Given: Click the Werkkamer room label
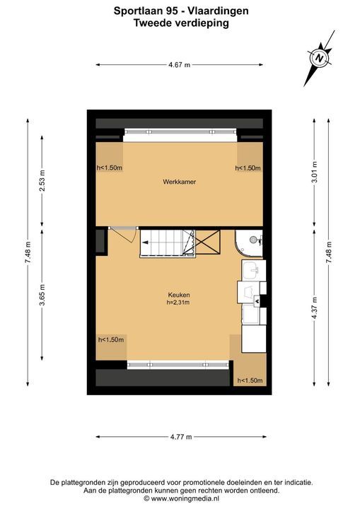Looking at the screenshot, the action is [x=180, y=182].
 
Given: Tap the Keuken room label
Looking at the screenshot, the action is [x=179, y=295].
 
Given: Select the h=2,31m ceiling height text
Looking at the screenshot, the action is [x=178, y=303].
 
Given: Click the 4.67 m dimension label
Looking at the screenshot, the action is [x=180, y=65].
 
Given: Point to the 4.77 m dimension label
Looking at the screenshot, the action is [x=181, y=437].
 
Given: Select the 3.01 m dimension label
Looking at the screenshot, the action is [x=314, y=172].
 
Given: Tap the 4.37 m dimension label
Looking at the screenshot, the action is [x=314, y=308].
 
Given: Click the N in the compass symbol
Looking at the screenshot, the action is [x=320, y=59].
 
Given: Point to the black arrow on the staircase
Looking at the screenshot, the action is [x=145, y=242].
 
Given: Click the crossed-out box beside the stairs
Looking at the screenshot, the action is [x=208, y=242].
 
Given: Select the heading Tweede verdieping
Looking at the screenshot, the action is [x=181, y=23].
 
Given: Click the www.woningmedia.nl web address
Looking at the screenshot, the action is [x=185, y=498].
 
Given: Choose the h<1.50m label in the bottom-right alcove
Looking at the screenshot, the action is [x=250, y=380].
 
